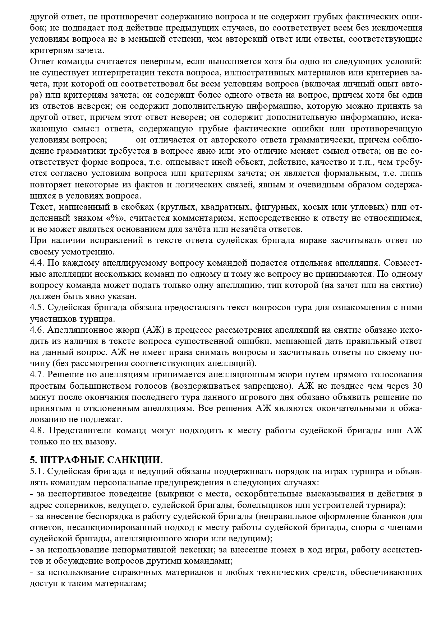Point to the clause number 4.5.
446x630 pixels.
(x=37, y=308)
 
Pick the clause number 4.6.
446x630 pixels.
(x=37, y=330)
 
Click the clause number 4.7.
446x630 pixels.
(x=37, y=375)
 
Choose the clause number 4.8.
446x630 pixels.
(x=37, y=430)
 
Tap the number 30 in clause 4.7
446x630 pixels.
(x=417, y=386)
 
